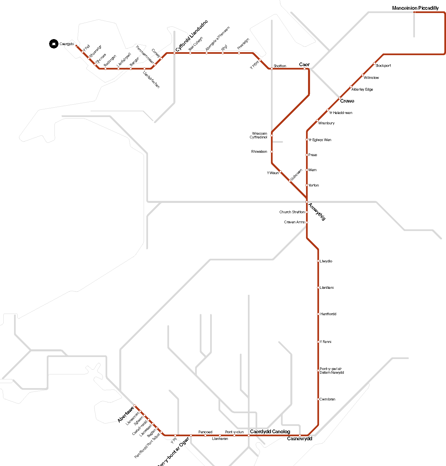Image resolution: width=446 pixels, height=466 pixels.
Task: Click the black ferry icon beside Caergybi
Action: click(54, 44)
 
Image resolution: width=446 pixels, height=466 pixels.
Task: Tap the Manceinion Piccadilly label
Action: click(415, 8)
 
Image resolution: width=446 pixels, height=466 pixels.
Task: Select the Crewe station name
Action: click(347, 101)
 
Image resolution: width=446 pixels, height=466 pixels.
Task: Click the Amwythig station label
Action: click(317, 212)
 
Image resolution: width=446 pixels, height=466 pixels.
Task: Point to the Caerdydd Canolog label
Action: click(270, 432)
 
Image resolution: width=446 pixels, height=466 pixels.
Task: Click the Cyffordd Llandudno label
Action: click(192, 36)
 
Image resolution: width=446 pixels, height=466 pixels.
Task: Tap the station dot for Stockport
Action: click(374, 63)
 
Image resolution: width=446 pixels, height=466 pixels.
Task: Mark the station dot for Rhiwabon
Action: click(272, 152)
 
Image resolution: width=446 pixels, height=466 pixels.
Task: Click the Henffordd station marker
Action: click(318, 314)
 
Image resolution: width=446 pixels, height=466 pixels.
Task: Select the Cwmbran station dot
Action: click(318, 399)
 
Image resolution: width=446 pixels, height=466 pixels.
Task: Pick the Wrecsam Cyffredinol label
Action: click(259, 135)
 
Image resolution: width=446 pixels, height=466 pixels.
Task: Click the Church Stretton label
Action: click(292, 212)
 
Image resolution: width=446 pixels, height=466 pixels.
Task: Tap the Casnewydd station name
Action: click(299, 439)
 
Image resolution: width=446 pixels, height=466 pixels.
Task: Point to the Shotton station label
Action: click(280, 66)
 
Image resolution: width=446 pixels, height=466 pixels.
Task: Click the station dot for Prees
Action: click(307, 155)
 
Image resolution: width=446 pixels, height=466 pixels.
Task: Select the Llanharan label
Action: click(220, 439)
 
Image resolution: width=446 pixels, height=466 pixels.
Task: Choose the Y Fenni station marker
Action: click(318, 342)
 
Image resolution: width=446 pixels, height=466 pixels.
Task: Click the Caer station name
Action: click(304, 65)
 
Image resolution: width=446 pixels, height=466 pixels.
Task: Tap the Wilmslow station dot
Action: click(362, 75)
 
